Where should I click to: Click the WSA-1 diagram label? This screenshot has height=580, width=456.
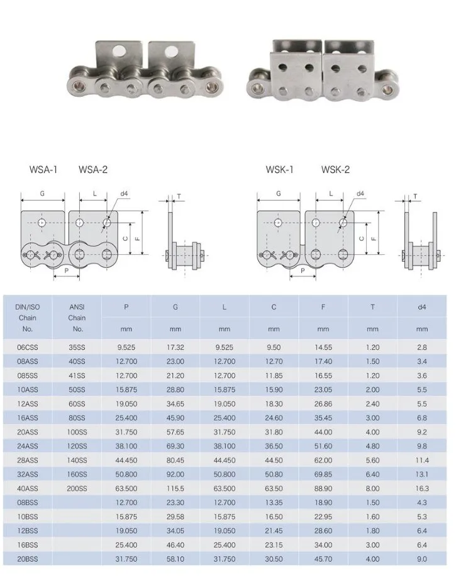tap(43, 170)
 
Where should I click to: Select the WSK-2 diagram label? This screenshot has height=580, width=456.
tap(335, 170)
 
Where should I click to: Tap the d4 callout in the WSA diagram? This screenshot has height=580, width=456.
tap(124, 194)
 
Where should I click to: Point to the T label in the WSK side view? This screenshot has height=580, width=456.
tap(415, 196)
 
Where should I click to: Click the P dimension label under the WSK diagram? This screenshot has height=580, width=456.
tap(303, 270)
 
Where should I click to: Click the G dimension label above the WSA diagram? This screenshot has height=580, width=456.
tap(42, 194)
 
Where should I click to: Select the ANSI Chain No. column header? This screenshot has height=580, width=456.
tap(77, 318)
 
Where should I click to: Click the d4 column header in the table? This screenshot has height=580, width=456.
tap(421, 307)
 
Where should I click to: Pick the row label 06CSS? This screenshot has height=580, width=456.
tap(28, 347)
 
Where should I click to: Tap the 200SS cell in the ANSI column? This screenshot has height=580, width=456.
tap(77, 489)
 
